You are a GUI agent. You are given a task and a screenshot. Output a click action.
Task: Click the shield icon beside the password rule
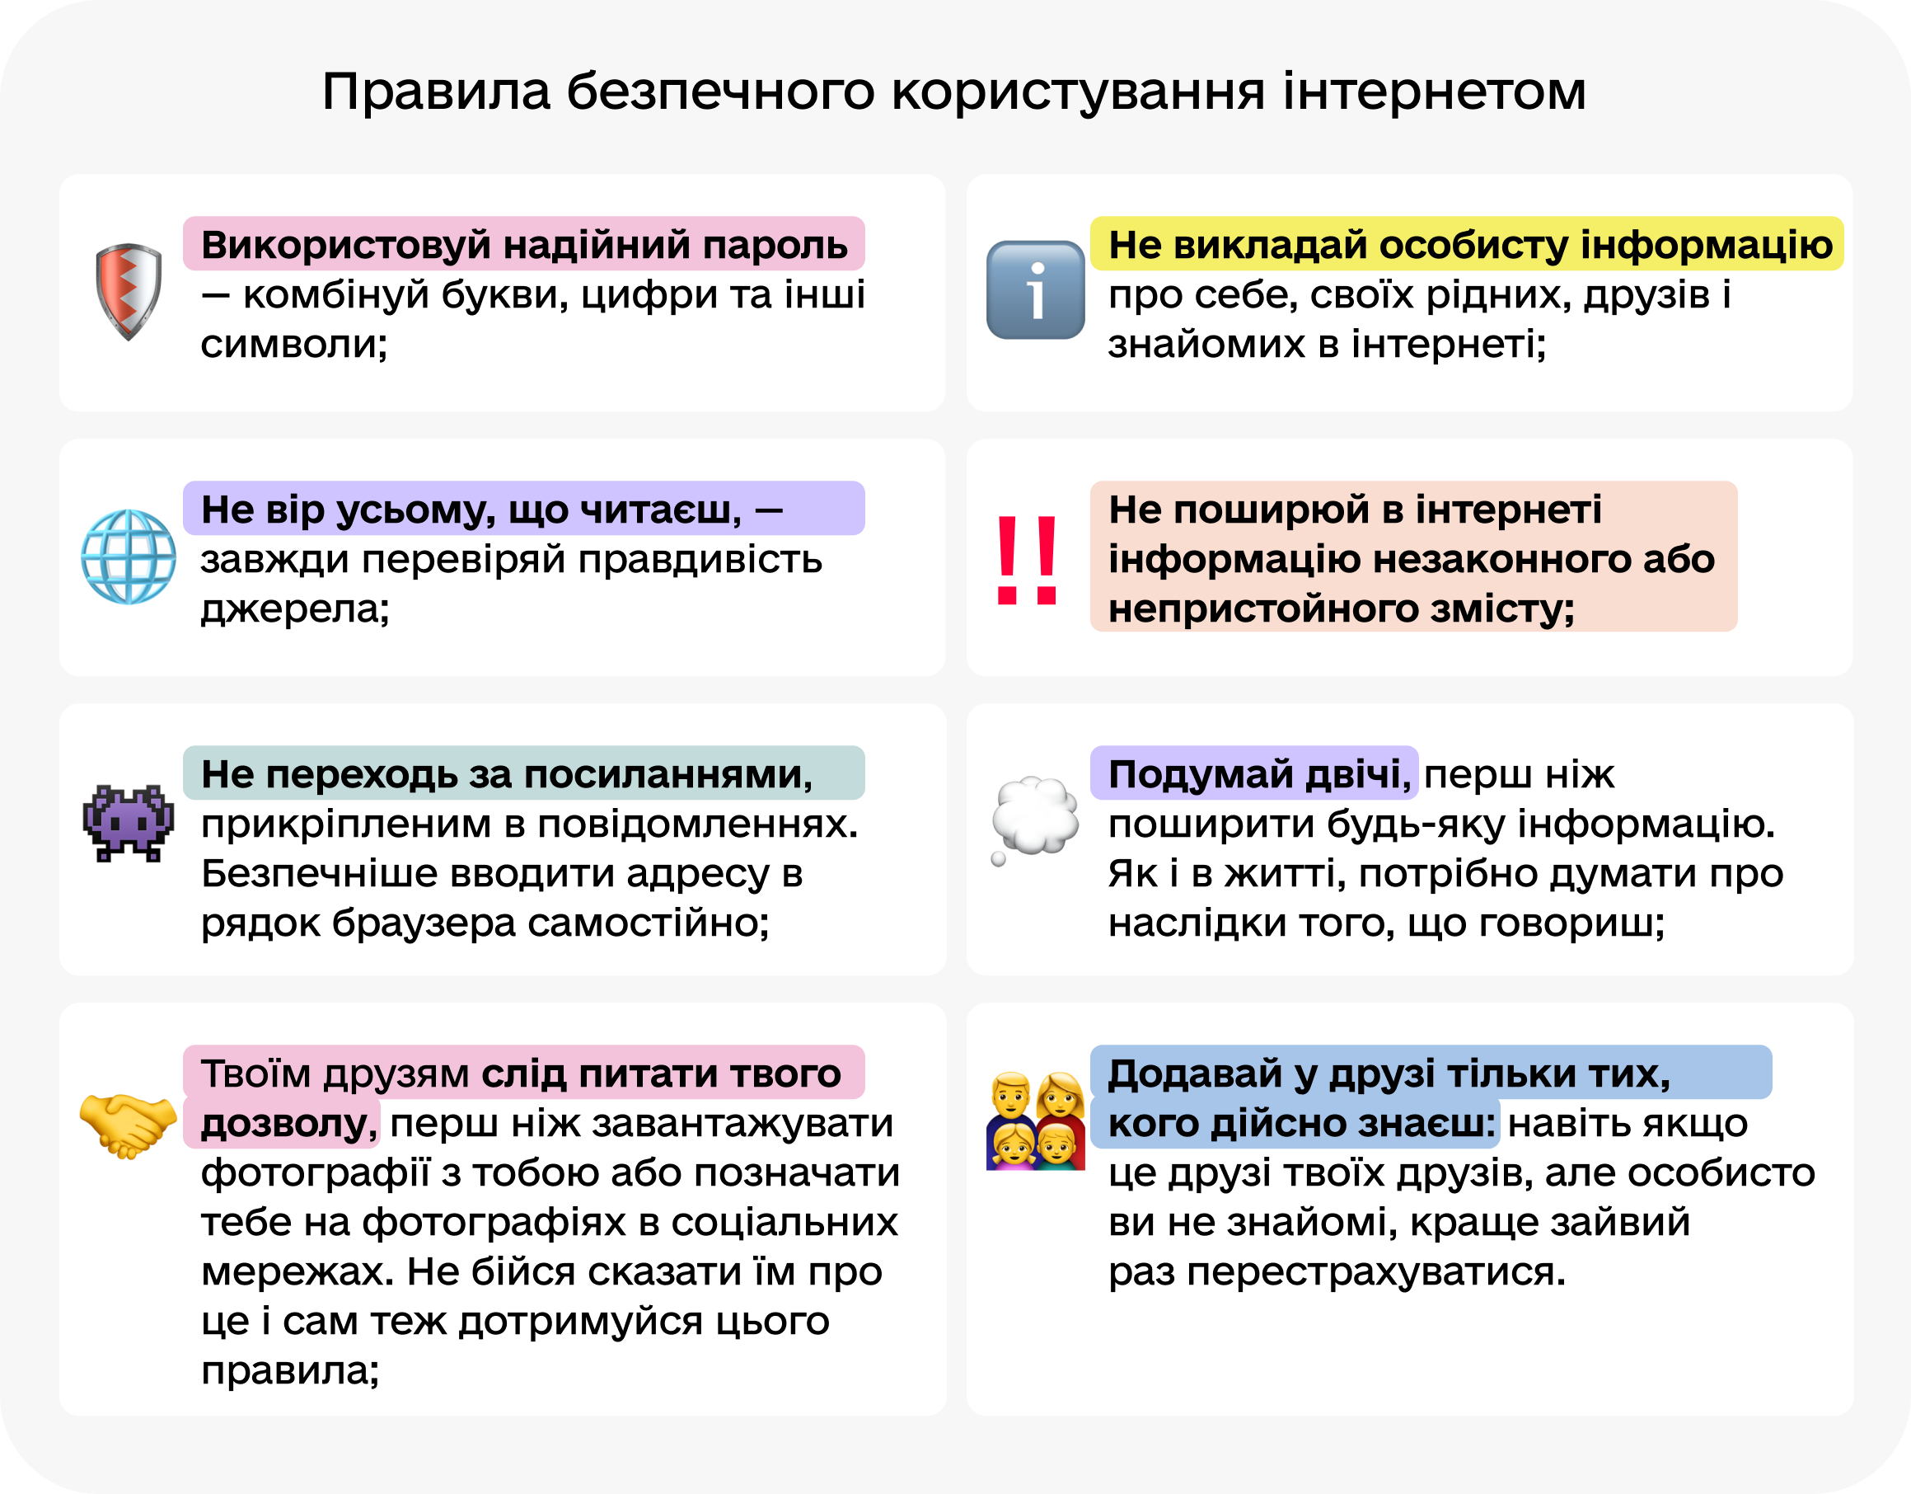point(129,290)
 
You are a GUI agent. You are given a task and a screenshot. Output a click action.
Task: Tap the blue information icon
point(1035,290)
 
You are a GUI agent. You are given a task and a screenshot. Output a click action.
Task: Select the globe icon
point(129,557)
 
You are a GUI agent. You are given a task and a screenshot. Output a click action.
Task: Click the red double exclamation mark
point(1028,560)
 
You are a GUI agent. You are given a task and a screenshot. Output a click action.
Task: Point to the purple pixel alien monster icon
point(129,823)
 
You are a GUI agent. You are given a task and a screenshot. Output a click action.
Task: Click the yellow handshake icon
point(128,1125)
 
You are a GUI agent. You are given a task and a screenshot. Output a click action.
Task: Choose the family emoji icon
point(1035,1121)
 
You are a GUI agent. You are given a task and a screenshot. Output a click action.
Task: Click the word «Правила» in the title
point(437,91)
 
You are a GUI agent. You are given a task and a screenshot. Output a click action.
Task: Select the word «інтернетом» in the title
point(1434,91)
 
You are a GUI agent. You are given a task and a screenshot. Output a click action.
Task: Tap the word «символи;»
point(294,344)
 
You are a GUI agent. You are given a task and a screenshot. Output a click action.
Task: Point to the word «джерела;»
point(295,609)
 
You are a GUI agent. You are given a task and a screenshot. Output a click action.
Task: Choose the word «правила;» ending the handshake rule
point(291,1370)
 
